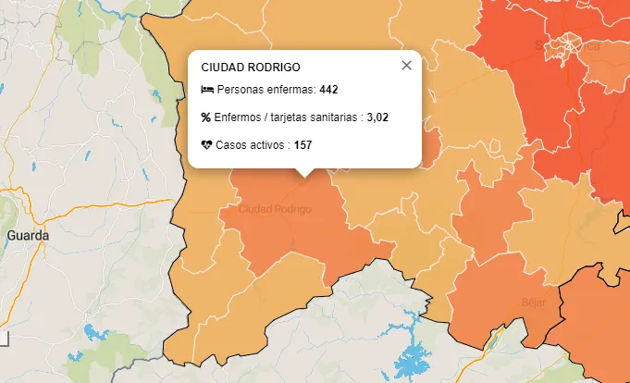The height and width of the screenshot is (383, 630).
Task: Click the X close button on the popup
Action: [406, 66]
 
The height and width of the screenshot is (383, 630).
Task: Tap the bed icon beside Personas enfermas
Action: [207, 91]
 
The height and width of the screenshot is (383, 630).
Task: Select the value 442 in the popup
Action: [329, 91]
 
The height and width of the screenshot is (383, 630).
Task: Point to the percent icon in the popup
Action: [206, 117]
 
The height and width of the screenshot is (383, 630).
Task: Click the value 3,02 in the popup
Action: [377, 117]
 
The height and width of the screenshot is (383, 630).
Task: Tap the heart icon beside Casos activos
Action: [207, 145]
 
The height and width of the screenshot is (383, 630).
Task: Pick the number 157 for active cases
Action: [303, 145]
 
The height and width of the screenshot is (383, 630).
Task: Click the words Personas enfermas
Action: [266, 91]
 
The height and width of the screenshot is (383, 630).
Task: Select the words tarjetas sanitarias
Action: [315, 117]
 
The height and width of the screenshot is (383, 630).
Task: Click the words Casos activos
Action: [251, 145]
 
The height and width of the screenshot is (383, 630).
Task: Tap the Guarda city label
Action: [27, 235]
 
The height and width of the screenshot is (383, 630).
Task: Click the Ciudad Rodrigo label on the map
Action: [275, 210]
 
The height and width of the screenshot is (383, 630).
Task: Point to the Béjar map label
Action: [534, 302]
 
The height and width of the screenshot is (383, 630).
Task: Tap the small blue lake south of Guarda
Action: [93, 331]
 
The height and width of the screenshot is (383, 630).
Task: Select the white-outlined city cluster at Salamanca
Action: [566, 54]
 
